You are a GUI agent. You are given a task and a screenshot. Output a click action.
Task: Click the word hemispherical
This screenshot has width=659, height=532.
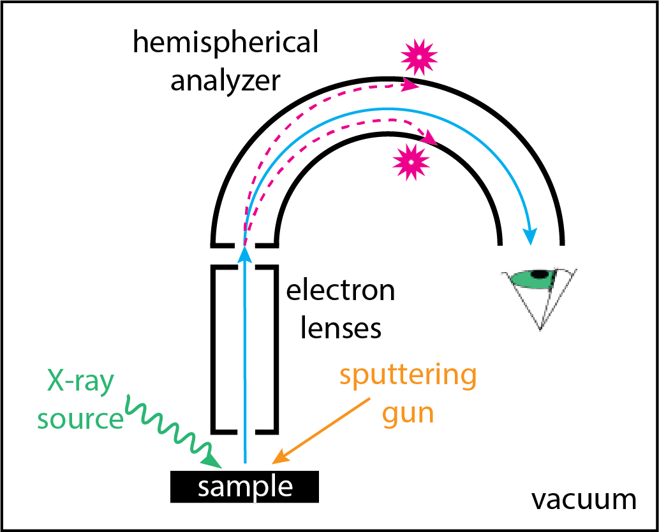click(225, 44)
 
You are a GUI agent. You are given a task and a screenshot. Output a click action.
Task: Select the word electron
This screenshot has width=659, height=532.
click(341, 291)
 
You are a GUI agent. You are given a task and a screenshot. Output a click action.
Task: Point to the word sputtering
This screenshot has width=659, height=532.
click(408, 376)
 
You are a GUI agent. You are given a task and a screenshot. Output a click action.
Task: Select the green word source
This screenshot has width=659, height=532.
click(80, 419)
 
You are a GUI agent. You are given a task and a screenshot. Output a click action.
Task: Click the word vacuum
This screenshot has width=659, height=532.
click(584, 500)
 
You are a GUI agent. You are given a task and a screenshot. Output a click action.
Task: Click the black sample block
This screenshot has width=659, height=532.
click(244, 487)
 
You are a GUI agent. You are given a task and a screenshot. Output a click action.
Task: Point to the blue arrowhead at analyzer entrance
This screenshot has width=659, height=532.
click(244, 255)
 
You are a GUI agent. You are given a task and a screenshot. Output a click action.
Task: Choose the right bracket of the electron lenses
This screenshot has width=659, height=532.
click(273, 348)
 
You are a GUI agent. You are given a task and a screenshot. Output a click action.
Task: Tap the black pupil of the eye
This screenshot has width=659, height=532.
click(541, 275)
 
